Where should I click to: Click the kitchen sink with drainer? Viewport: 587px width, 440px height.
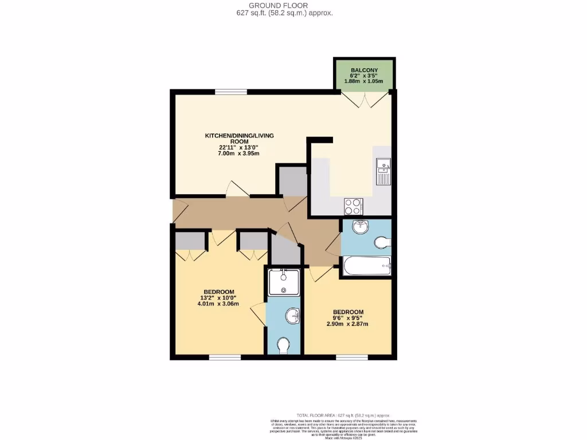(x=383, y=171)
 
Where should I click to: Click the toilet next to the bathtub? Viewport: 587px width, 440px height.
(x=382, y=243)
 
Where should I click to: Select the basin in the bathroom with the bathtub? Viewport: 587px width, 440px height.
(x=360, y=227)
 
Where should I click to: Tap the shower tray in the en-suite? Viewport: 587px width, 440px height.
(x=284, y=282)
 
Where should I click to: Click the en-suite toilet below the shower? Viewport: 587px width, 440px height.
(x=283, y=345)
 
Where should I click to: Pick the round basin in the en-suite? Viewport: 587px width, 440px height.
(x=293, y=315)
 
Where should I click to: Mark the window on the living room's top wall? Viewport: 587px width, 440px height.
(x=231, y=91)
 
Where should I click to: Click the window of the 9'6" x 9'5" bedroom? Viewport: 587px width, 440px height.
(x=351, y=357)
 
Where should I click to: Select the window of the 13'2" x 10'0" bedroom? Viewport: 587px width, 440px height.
(x=225, y=357)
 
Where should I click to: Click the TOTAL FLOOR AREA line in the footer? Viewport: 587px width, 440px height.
(x=343, y=415)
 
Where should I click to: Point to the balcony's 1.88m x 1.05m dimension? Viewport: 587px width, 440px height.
(x=363, y=81)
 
